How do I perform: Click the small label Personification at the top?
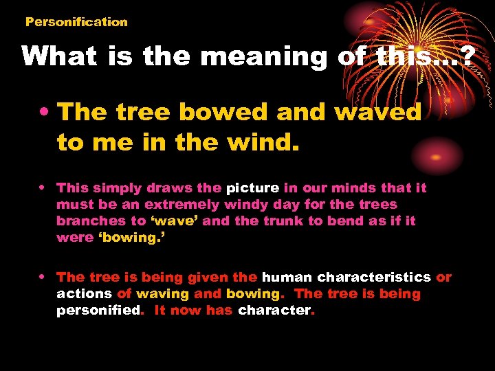pos(76,21)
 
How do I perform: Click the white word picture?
pos(253,188)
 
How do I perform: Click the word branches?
pos(90,221)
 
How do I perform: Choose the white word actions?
pos(84,293)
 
